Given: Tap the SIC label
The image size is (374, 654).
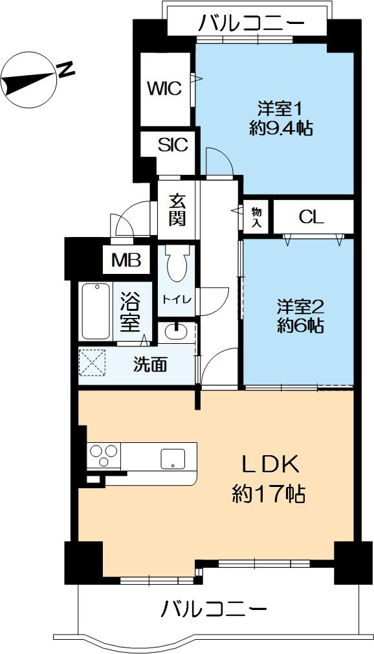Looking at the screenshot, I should (x=173, y=145).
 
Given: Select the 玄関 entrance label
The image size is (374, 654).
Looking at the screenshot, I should (x=177, y=210).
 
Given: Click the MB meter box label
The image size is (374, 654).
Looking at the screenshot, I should (x=126, y=260).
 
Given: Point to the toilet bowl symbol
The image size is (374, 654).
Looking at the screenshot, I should (x=177, y=265).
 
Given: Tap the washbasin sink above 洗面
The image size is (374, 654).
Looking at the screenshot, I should (x=176, y=332).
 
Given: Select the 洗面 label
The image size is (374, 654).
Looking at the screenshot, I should (x=150, y=365).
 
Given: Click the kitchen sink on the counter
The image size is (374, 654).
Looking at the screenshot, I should (x=173, y=458).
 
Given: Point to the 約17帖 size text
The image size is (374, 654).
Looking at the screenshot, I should (x=269, y=495).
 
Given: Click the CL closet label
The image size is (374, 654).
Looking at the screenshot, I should (x=311, y=217).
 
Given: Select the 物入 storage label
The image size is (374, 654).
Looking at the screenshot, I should (x=257, y=217).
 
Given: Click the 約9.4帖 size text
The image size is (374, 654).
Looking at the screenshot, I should (x=281, y=128).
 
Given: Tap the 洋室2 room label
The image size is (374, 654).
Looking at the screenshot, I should (x=300, y=304).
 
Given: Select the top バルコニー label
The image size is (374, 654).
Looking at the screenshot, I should (x=252, y=24).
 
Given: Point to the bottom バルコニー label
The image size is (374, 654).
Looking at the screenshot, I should (x=214, y=609).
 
